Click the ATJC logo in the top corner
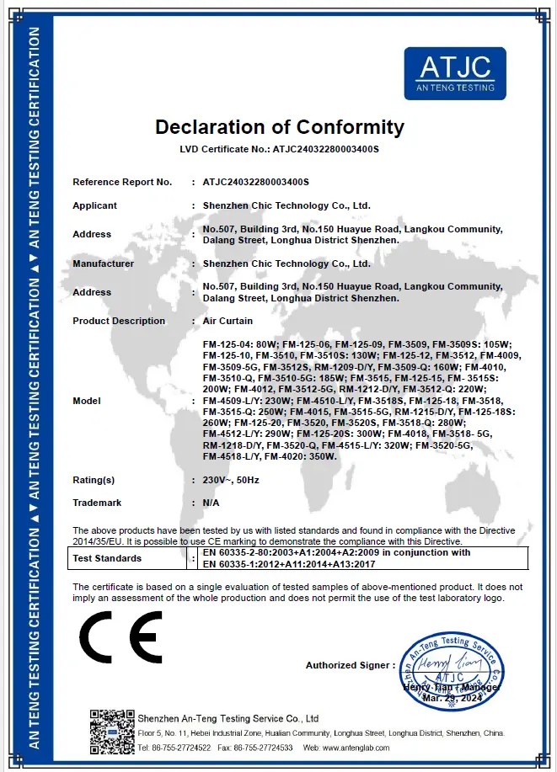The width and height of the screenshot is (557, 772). click(455, 73)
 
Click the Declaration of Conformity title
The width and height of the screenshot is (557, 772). click(280, 128)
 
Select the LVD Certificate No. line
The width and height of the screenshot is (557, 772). click(280, 149)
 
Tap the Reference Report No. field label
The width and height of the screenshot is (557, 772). click(122, 182)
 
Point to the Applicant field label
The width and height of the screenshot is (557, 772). click(94, 205)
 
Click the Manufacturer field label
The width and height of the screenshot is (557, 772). click(103, 264)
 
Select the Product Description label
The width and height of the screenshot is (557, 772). click(119, 321)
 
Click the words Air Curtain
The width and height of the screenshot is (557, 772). click(228, 321)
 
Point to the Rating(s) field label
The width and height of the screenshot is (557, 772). click(94, 480)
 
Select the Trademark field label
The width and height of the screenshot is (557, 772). click(97, 503)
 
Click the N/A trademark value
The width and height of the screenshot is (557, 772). click(212, 503)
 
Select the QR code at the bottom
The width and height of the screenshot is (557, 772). click(111, 732)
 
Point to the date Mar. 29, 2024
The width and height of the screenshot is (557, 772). click(451, 699)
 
